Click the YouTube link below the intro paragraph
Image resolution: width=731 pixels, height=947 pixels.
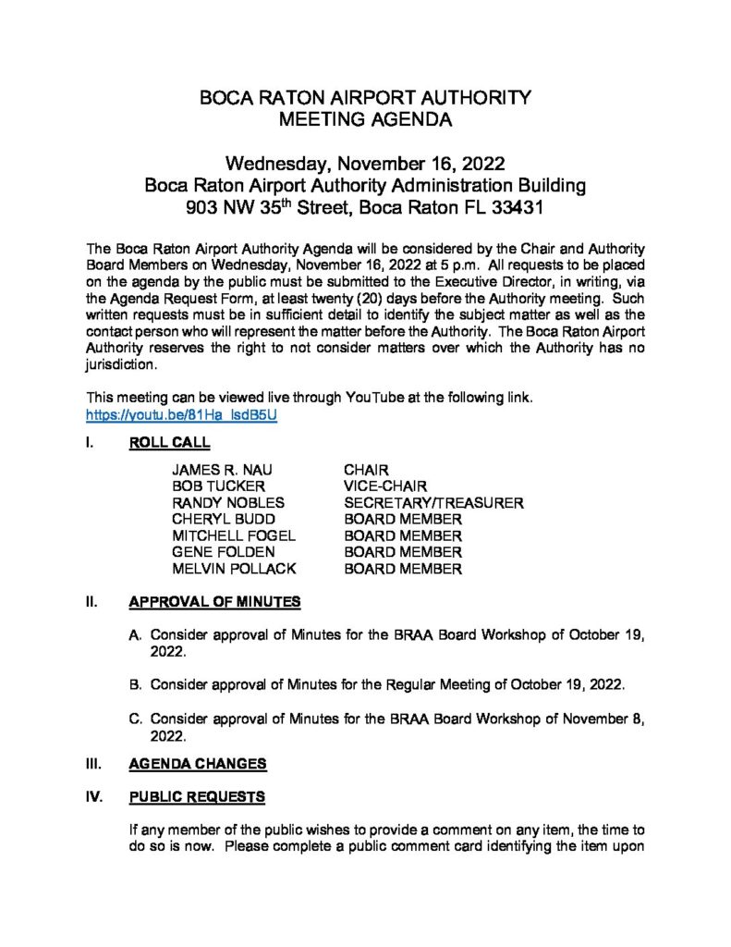(x=181, y=415)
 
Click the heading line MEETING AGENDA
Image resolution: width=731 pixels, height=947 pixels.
(x=366, y=119)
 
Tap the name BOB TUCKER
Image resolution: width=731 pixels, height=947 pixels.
(x=218, y=486)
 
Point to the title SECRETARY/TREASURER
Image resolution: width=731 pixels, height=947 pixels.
(x=433, y=503)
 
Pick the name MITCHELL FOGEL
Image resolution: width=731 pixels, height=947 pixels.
(x=234, y=536)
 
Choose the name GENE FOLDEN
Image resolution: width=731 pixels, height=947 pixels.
(x=224, y=553)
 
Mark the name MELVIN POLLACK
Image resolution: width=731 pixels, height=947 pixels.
(x=234, y=570)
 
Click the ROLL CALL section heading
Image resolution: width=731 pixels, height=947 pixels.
(x=169, y=442)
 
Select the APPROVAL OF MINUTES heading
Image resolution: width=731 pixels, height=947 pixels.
(x=214, y=602)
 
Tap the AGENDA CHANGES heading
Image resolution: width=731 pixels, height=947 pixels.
(x=198, y=764)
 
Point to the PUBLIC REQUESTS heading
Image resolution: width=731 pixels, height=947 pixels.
(x=197, y=796)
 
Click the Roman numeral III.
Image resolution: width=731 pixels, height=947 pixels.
(x=92, y=764)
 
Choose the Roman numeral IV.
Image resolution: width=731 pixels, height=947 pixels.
(x=93, y=796)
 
